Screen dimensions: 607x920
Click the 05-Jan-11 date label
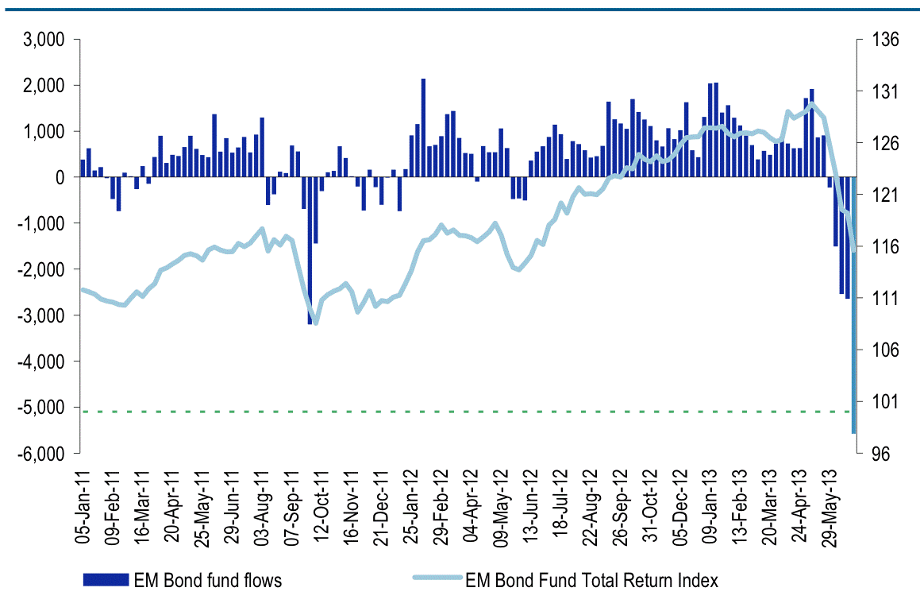(82, 505)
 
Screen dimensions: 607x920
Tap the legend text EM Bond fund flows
(207, 581)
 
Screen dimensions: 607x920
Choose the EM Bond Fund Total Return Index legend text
(591, 581)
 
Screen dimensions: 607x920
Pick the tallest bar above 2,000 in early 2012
(423, 127)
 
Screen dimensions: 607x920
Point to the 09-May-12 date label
(502, 505)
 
